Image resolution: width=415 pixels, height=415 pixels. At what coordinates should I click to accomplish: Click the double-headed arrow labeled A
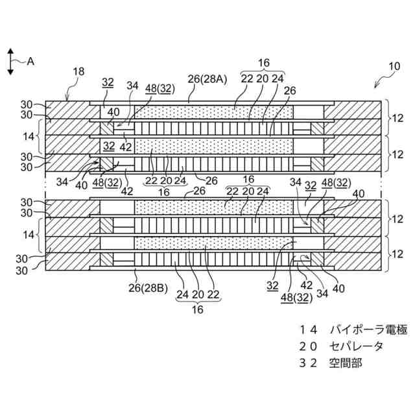pyautogui.click(x=10, y=62)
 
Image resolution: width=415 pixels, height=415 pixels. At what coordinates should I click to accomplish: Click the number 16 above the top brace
pyautogui.click(x=263, y=62)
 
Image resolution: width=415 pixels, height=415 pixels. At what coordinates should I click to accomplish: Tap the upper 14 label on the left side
pyautogui.click(x=28, y=137)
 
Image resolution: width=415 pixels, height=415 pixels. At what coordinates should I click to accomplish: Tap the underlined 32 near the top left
pyautogui.click(x=108, y=82)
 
